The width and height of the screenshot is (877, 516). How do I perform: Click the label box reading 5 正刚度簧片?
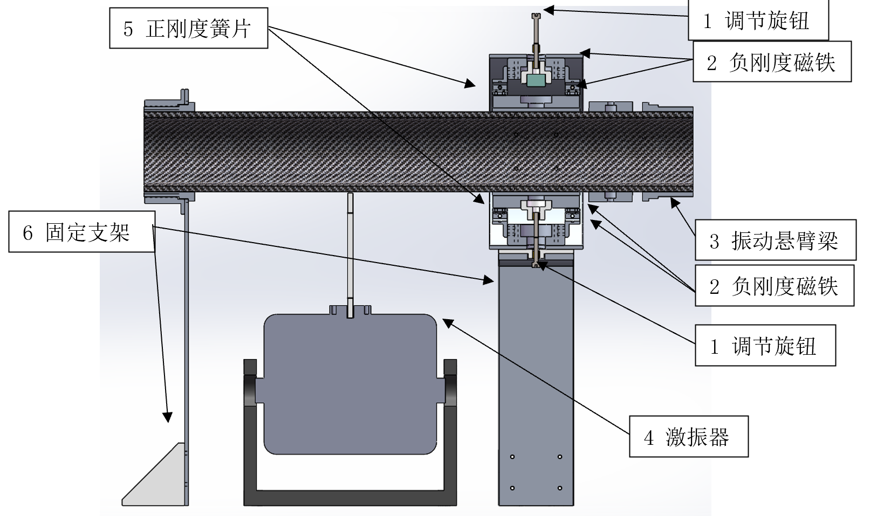click(x=188, y=28)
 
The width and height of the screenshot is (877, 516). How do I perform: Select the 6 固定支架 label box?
click(x=81, y=232)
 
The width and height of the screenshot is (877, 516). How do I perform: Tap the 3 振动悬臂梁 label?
click(x=775, y=240)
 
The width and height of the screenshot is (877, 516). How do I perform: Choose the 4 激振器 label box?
click(x=688, y=436)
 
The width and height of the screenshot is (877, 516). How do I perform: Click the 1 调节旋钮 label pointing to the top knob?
click(x=758, y=21)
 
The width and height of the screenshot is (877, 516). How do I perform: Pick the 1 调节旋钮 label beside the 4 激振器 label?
click(x=765, y=345)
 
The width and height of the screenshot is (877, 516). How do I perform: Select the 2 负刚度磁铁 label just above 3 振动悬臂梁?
click(x=772, y=62)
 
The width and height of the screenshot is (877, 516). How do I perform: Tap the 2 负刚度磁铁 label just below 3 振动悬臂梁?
click(x=774, y=285)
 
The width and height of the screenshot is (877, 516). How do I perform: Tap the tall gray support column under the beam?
click(x=535, y=377)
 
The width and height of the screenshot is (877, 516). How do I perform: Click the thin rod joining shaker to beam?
click(x=350, y=253)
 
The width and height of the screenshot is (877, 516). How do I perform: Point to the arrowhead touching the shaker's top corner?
click(x=447, y=322)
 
